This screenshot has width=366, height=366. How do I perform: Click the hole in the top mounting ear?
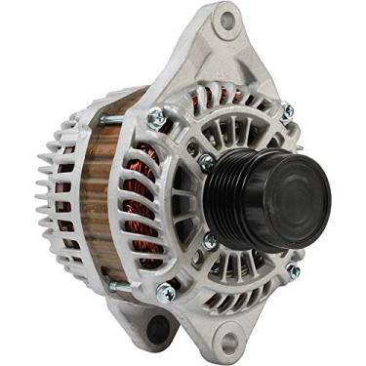click(x=227, y=20)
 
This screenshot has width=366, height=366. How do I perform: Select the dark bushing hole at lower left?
click(x=156, y=329)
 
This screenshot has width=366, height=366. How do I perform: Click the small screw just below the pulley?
click(x=211, y=240)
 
